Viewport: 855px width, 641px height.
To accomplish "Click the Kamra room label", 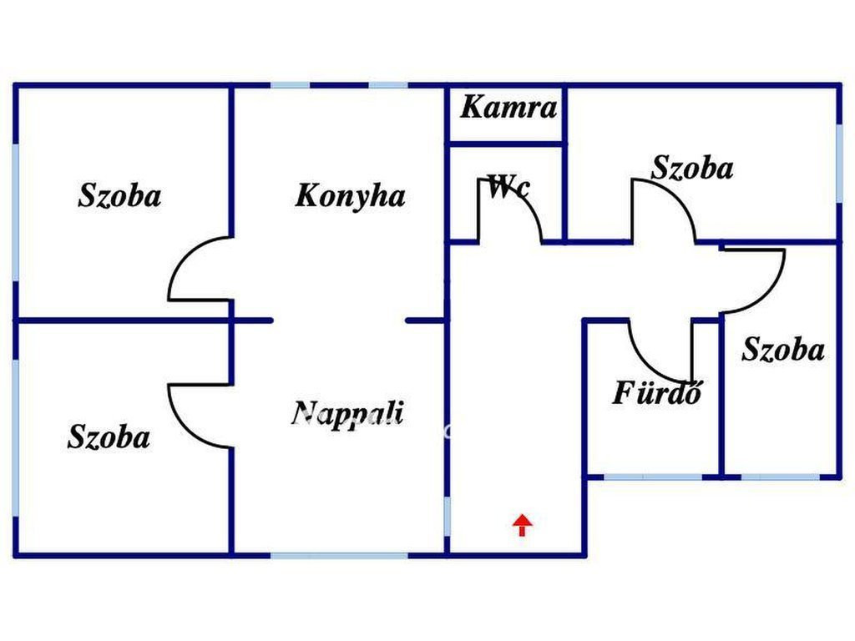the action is pyautogui.click(x=508, y=107).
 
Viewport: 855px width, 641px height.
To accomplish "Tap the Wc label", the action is pyautogui.click(x=508, y=187).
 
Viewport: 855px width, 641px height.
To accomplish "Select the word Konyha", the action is pyautogui.click(x=350, y=195).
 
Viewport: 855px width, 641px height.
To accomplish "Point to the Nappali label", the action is pyautogui.click(x=347, y=414).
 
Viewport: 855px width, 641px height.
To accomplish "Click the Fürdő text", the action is pyautogui.click(x=657, y=392).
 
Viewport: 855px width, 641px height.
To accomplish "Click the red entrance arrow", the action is pyautogui.click(x=523, y=525).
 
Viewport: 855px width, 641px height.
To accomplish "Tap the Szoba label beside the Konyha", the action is pyautogui.click(x=120, y=195).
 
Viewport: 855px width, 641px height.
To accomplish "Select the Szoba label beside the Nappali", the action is pyautogui.click(x=109, y=437).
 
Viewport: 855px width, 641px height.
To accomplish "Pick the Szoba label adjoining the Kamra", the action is pyautogui.click(x=692, y=167).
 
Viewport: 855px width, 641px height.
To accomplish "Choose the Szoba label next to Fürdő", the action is pyautogui.click(x=783, y=349).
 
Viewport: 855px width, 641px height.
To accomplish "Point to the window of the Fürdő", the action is pyautogui.click(x=653, y=477).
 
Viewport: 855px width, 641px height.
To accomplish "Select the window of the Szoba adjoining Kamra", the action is pyautogui.click(x=839, y=164).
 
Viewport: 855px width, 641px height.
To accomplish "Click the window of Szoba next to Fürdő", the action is pyautogui.click(x=781, y=477).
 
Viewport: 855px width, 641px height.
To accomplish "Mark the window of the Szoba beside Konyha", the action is pyautogui.click(x=16, y=213).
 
